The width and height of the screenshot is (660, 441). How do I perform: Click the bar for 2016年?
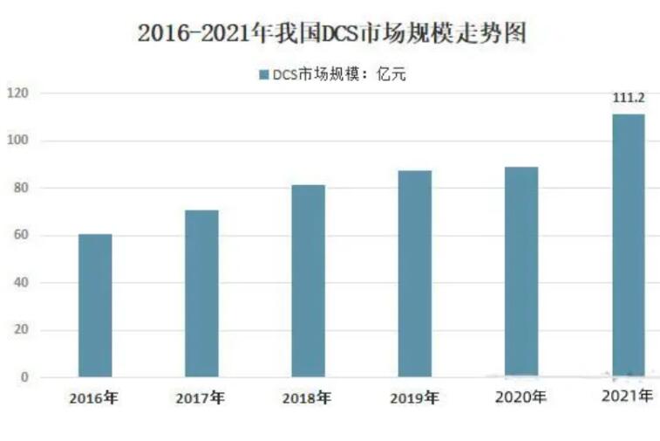pyautogui.click(x=95, y=306)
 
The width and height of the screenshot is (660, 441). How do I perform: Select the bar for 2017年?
pyautogui.click(x=201, y=293)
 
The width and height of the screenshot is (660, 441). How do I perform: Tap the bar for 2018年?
pyautogui.click(x=308, y=281)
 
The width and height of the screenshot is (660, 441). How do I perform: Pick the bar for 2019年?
pyautogui.click(x=415, y=274)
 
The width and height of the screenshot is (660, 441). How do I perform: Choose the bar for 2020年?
pyautogui.click(x=521, y=272)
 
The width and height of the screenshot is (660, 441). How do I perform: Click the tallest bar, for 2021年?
pyautogui.click(x=628, y=245)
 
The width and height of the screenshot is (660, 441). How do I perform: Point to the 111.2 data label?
pyautogui.click(x=628, y=100)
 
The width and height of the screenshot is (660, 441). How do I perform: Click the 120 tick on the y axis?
pyautogui.click(x=18, y=93)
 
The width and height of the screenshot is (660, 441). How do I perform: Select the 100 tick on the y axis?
pyautogui.click(x=18, y=141)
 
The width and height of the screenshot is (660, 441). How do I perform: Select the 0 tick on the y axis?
pyautogui.click(x=24, y=377)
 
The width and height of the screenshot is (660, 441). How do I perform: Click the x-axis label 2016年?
pyautogui.click(x=93, y=399)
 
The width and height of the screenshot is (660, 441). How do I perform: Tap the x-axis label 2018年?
pyautogui.click(x=306, y=399)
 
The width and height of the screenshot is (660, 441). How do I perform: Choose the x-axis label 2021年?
pyautogui.click(x=627, y=397)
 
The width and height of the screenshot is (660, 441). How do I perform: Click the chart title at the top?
pyautogui.click(x=334, y=34)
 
